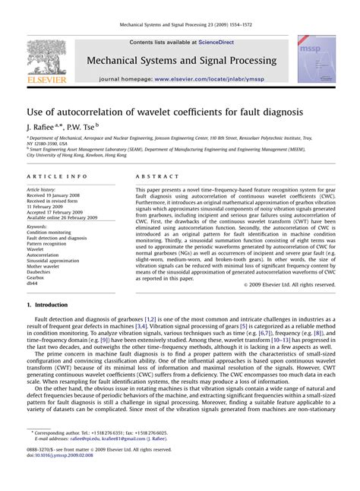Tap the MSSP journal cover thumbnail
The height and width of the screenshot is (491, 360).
[x=316, y=59]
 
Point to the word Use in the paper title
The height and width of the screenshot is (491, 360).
[x=36, y=109]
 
